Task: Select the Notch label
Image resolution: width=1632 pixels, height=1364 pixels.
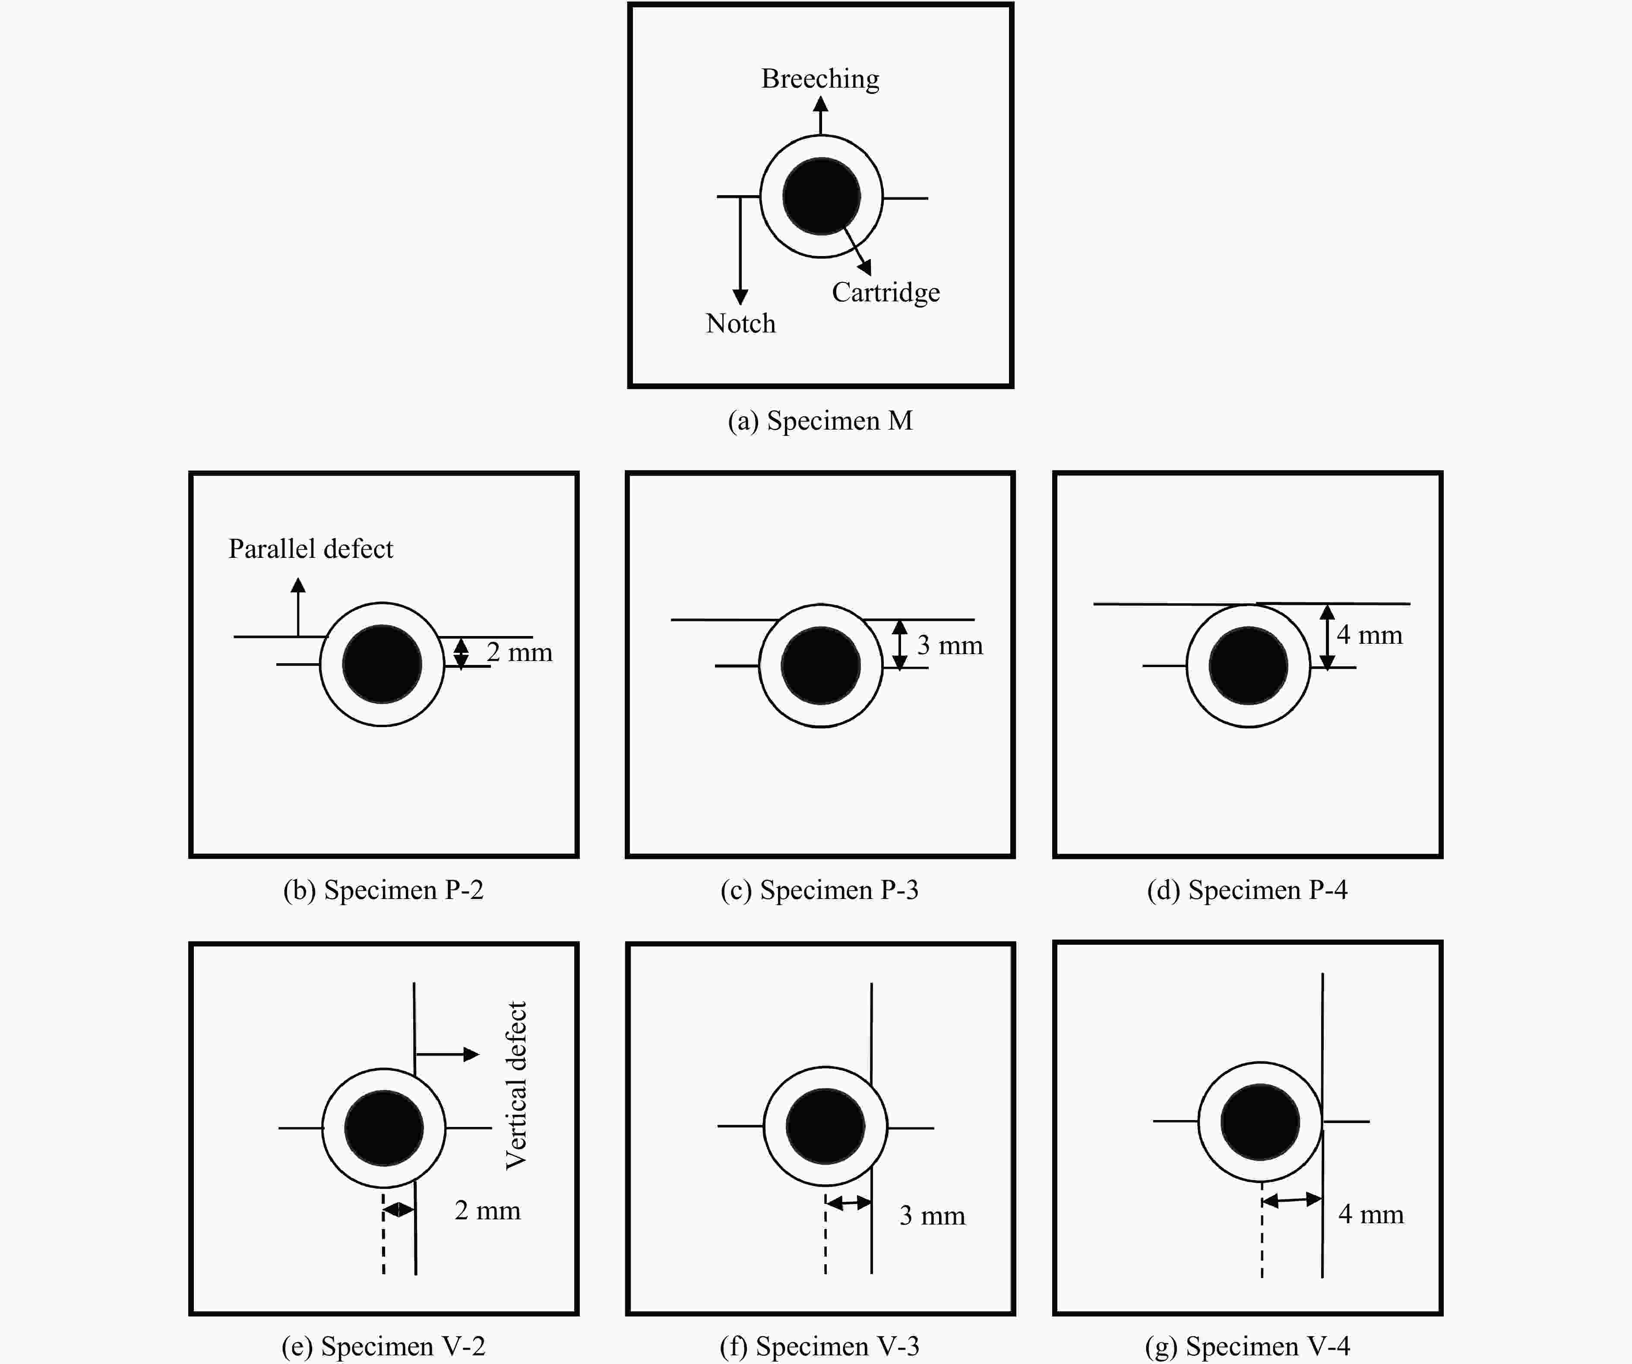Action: click(x=740, y=323)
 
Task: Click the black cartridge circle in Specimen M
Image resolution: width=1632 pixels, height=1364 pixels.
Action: click(x=822, y=196)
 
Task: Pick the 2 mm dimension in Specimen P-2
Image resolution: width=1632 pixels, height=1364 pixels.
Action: click(x=519, y=652)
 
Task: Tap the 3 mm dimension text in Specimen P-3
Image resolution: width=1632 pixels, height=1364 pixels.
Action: click(x=950, y=645)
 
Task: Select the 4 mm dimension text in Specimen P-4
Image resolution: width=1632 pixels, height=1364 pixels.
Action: click(x=1369, y=635)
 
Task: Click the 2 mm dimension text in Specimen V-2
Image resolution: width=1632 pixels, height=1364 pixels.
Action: click(x=487, y=1210)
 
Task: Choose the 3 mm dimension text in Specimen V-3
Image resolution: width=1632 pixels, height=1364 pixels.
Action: click(x=932, y=1215)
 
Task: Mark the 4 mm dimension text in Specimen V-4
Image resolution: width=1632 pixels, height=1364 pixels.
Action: click(x=1371, y=1214)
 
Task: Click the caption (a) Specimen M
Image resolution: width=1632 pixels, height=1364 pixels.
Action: click(x=820, y=421)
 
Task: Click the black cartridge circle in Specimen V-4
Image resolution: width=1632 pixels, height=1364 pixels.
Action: click(x=1260, y=1122)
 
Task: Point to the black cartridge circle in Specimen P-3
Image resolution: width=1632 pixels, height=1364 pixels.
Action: click(x=821, y=665)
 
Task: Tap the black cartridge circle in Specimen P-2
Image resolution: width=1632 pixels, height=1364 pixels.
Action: click(x=382, y=665)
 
